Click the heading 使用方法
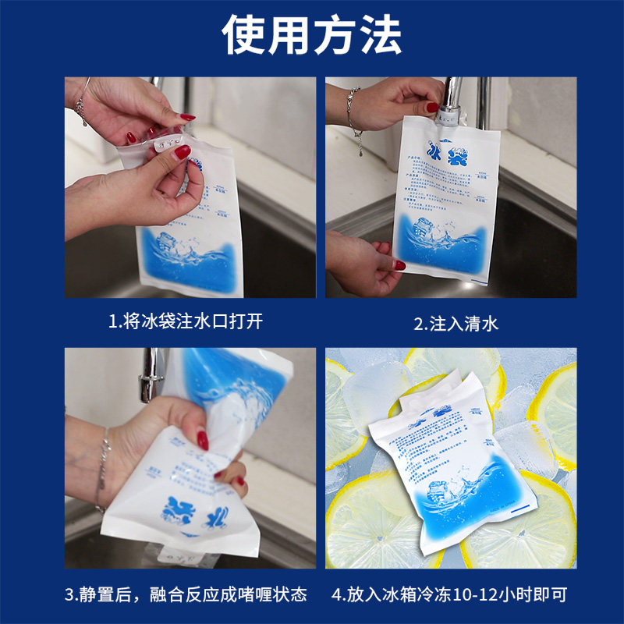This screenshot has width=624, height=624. click(312, 35)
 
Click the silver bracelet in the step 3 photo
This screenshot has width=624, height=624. click(102, 468)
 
